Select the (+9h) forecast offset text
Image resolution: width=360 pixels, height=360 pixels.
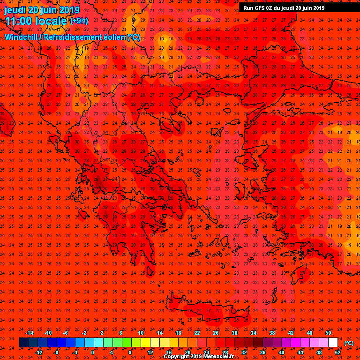(x=79, y=21)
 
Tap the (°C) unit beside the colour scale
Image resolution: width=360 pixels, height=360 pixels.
(x=349, y=343)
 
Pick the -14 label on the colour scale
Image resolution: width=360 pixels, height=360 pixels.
(x=29, y=333)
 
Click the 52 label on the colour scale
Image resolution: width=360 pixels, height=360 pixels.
(x=337, y=352)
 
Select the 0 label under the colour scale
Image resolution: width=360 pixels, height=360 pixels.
(x=92, y=352)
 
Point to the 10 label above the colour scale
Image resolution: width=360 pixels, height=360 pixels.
(x=141, y=333)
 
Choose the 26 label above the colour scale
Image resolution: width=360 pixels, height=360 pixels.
(x=216, y=333)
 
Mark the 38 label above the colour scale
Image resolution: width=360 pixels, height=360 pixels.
(x=272, y=333)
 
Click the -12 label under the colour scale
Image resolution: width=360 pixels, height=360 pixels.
(x=39, y=352)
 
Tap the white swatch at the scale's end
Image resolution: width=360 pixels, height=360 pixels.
(x=333, y=343)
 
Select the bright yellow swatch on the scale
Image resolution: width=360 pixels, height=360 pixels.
(x=145, y=343)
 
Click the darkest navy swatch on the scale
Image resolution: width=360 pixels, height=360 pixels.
(x=23, y=343)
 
